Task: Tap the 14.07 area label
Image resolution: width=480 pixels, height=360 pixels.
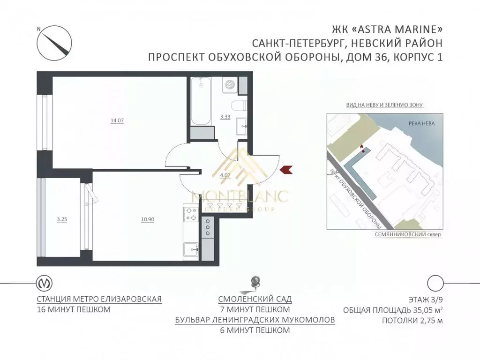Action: point(117,120)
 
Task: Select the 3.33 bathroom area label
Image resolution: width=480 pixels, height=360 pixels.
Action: point(225,117)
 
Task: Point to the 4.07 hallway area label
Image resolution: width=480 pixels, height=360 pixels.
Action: point(225,175)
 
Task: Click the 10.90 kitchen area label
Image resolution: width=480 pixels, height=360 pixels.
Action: point(148,219)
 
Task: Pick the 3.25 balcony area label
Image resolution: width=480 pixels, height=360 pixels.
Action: point(62,219)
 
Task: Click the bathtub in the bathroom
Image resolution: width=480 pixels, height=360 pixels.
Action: point(201,101)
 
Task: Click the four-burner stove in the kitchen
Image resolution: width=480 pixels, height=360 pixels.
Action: point(191,214)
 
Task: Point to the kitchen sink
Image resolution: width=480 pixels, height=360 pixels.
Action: point(191,249)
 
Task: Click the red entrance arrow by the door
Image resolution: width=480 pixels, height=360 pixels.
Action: point(286,169)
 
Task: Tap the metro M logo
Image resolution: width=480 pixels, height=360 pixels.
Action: point(45,283)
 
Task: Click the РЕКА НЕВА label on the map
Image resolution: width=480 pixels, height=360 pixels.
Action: point(421,124)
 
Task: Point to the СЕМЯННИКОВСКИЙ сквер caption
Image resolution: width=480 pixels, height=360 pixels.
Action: point(408,234)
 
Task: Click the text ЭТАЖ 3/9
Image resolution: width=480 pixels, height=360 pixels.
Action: point(426,300)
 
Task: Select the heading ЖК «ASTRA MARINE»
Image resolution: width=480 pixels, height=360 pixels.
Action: point(387,30)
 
